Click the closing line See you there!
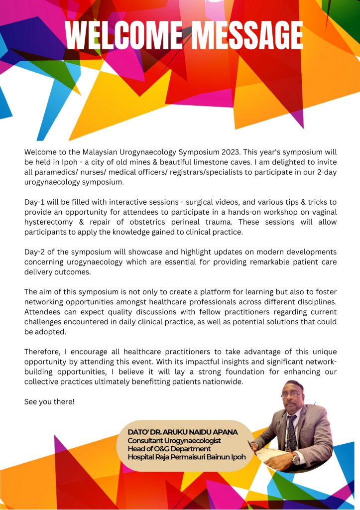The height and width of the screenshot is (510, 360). tap(49, 401)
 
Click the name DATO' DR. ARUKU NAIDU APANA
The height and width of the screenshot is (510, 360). tap(182, 432)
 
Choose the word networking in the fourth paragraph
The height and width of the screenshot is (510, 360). tap(46, 302)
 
